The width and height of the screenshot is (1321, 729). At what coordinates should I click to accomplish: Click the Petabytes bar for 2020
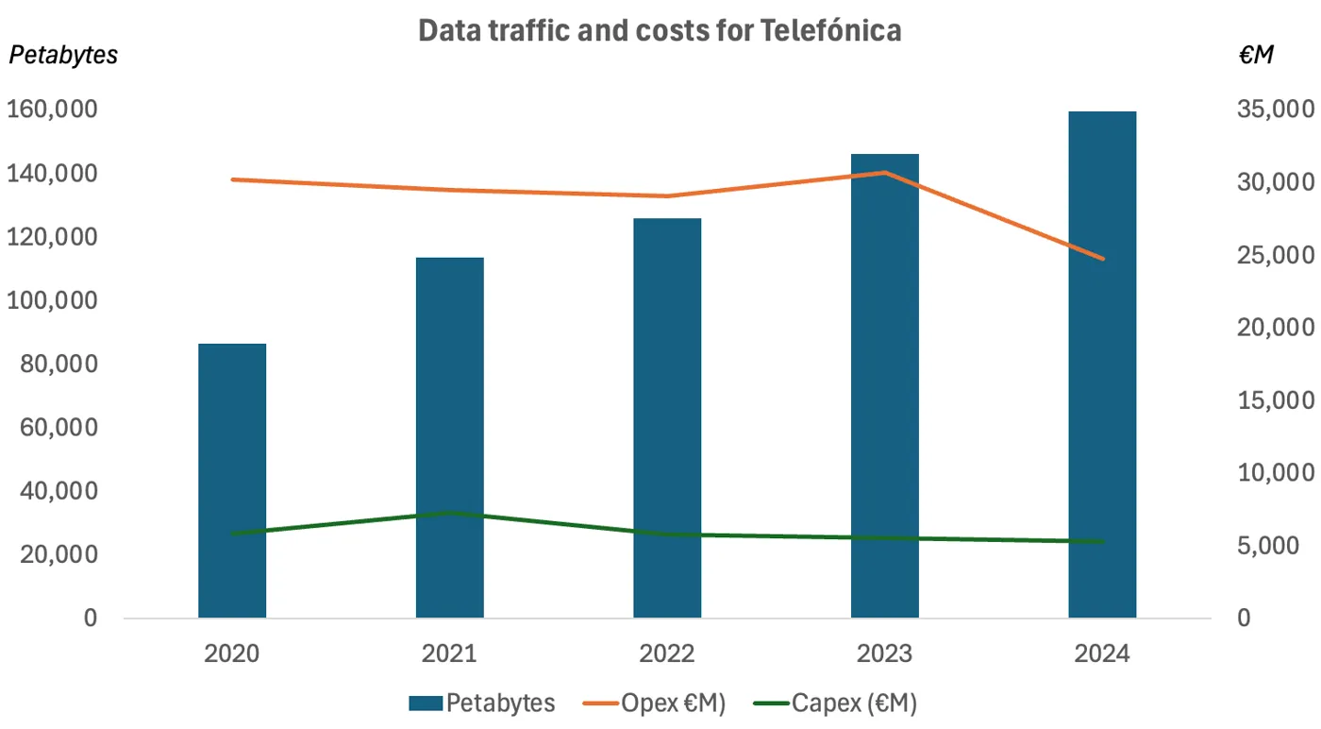232,481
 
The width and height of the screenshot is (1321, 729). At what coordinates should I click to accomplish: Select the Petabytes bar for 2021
449,437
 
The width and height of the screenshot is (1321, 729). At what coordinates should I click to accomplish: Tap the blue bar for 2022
667,418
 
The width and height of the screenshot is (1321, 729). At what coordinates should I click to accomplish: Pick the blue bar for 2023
885,386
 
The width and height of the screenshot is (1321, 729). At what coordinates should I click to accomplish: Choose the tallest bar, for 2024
1102,364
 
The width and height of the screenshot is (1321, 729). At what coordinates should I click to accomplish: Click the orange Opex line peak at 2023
885,173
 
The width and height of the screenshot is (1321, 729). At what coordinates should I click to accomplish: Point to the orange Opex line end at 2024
1102,259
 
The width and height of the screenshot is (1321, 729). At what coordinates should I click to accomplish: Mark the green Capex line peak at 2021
450,513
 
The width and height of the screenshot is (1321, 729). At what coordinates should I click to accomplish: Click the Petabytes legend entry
482,703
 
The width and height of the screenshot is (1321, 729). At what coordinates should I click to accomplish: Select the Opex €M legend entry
654,703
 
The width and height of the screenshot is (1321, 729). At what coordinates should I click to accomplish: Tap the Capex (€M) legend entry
836,703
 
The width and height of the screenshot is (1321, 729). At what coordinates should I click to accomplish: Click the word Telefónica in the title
830,30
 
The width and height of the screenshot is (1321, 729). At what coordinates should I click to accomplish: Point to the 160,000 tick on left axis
52,110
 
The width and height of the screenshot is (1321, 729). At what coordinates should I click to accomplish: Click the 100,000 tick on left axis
52,300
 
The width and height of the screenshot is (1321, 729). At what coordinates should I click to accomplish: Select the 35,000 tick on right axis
1276,110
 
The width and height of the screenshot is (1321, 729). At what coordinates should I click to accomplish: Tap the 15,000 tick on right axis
1276,400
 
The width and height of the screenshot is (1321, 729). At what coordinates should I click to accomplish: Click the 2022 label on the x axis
667,653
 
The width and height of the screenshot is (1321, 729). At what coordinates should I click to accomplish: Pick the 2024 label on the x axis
1102,653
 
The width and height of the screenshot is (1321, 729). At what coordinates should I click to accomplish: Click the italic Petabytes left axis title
63,55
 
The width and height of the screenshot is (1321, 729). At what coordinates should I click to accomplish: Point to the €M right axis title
1256,55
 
